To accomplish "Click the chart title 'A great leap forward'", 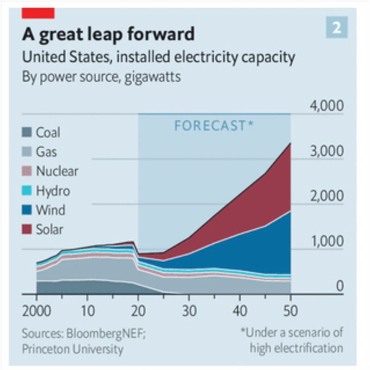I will (x=108, y=35).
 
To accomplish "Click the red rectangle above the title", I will (x=38, y=13).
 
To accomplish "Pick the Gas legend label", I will (x=47, y=152).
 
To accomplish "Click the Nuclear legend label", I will (x=57, y=171).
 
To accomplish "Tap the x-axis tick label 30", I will (x=188, y=308).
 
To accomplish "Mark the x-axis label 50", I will (x=290, y=308).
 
